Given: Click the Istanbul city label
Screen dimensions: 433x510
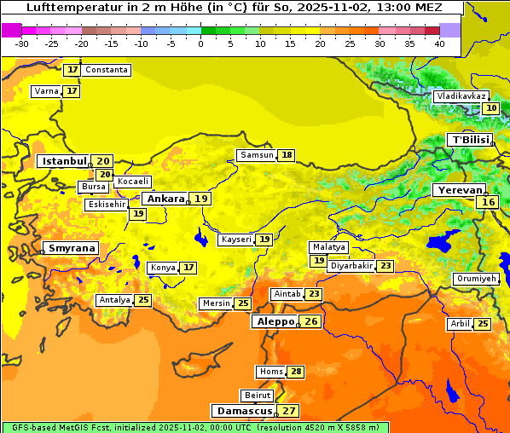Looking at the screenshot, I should (65, 160).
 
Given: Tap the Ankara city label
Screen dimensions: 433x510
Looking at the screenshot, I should (165, 199).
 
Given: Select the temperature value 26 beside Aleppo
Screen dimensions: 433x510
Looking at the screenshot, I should (311, 321).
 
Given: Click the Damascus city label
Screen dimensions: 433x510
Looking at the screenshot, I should (244, 411).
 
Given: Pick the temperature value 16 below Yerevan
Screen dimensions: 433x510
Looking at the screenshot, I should (488, 202).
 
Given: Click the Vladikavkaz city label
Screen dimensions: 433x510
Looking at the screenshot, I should (461, 96).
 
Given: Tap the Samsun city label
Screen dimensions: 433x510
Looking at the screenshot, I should (257, 155).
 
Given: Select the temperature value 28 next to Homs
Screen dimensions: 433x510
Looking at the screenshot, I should (296, 372).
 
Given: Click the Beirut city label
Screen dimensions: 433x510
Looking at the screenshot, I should (258, 395).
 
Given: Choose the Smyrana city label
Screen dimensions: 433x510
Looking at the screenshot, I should (72, 248).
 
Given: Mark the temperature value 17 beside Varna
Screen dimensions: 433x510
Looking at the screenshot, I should (72, 91).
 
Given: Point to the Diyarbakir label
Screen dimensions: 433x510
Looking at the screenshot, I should (351, 266).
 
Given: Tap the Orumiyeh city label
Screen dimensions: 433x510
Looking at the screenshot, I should (475, 279).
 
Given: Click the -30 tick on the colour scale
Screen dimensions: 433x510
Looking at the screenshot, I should (22, 43).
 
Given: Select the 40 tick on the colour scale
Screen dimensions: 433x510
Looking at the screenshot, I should (439, 43).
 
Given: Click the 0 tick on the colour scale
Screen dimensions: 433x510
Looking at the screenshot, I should (201, 43).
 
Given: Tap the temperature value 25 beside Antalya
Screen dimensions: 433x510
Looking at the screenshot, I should (143, 300).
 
